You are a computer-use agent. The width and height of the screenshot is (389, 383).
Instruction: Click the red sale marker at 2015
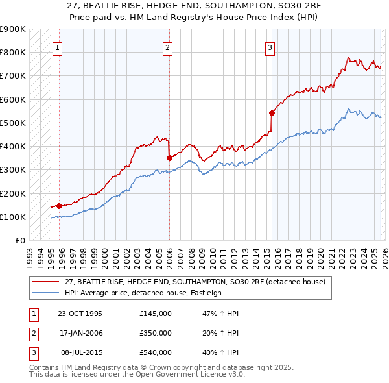pos(272,113)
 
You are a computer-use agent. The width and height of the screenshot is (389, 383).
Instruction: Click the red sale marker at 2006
pos(169,158)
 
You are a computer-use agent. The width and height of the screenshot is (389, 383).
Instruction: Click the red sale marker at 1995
pos(59,206)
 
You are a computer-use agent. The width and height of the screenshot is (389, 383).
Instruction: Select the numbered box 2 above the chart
pos(168,47)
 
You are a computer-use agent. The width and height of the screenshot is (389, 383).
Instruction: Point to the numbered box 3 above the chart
pos(270,47)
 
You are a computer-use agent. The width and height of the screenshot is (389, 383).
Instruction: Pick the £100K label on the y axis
pos(13,217)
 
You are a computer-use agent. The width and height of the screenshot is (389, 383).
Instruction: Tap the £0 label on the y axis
pos(19,241)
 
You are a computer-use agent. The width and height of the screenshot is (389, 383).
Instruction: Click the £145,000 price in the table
pos(156,314)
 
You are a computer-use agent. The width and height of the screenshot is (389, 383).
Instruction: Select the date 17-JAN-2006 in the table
pos(80,333)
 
